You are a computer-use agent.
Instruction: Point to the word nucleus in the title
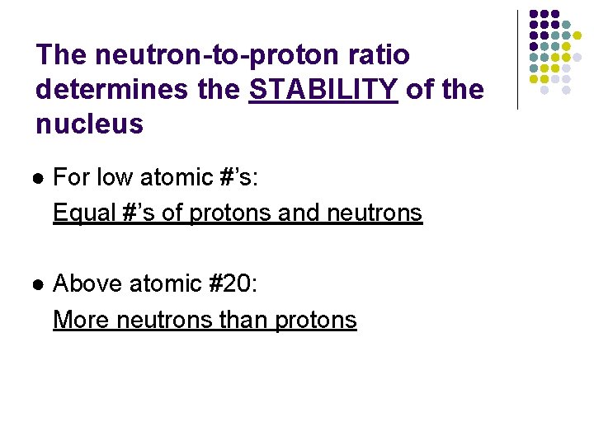point(89,124)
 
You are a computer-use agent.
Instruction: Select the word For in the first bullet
point(72,177)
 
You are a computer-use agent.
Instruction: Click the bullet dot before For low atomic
point(39,178)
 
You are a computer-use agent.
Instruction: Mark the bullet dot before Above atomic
point(39,285)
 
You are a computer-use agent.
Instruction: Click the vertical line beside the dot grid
point(517,59)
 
